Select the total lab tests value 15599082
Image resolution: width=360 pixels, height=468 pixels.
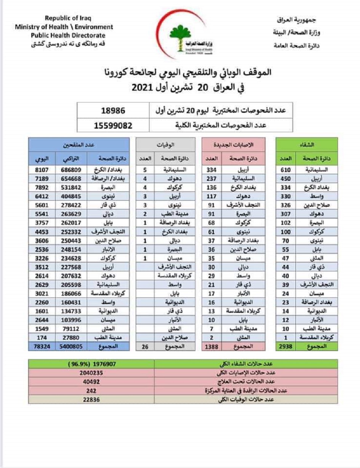click(x=113, y=125)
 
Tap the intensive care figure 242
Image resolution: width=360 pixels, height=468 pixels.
click(x=92, y=391)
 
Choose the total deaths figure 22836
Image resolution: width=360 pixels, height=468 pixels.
click(x=92, y=399)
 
